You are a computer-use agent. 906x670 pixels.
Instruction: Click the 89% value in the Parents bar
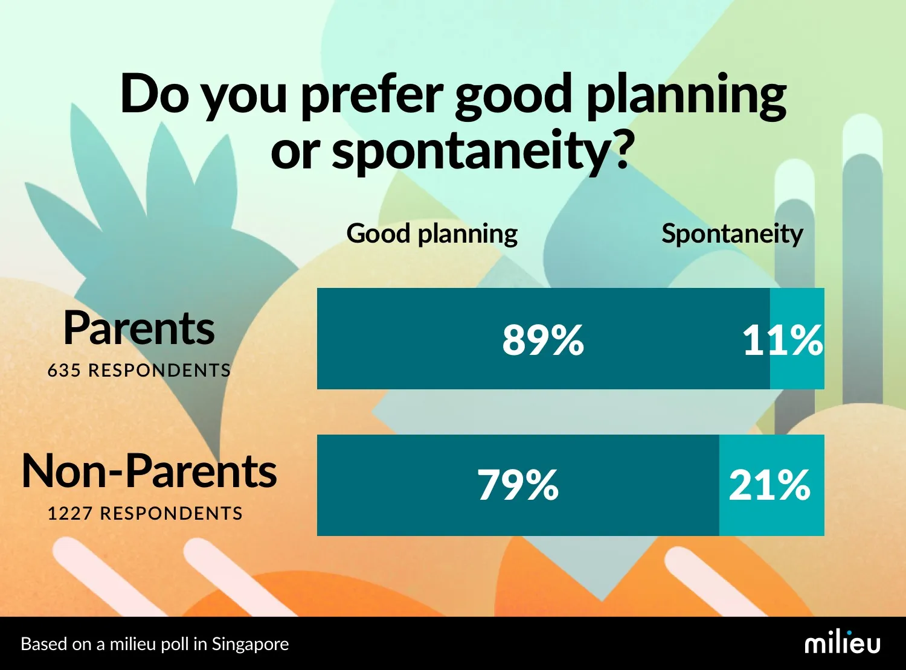(542, 339)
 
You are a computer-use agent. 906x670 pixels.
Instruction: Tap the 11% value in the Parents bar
(782, 339)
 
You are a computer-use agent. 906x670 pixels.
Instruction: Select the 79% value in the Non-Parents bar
(518, 485)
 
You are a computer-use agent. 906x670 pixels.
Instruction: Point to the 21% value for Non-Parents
(769, 485)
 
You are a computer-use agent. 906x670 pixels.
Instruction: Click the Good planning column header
(432, 234)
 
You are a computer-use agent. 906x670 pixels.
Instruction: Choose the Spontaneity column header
(732, 234)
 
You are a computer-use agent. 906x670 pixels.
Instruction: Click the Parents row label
(139, 328)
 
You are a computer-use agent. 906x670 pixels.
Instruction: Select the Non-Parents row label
(149, 471)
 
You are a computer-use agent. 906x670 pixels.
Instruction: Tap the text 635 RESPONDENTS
(139, 370)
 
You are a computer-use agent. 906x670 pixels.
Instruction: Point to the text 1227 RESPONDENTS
(145, 513)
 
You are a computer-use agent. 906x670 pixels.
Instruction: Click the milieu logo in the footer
(842, 643)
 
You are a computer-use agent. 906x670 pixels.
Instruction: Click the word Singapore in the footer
(250, 644)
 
